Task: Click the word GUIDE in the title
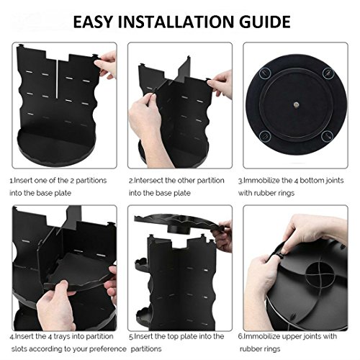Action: [x=265, y=22]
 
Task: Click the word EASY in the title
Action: [x=93, y=22]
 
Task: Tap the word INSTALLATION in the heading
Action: [x=176, y=22]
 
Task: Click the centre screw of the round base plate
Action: [x=296, y=104]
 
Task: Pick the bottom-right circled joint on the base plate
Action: [x=327, y=136]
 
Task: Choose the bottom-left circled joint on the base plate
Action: [x=265, y=136]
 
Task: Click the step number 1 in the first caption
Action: [x=11, y=181]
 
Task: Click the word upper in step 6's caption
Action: [x=293, y=337]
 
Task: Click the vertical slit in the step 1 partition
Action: [x=57, y=78]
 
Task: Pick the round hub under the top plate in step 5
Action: [x=179, y=229]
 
